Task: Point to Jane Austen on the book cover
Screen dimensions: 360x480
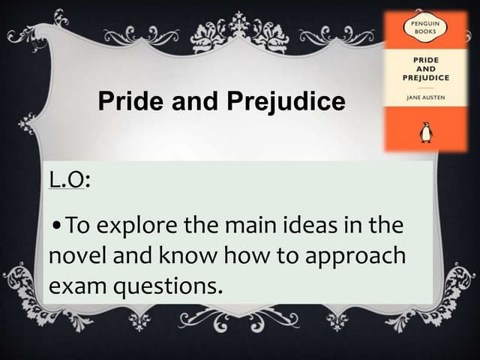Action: (425, 97)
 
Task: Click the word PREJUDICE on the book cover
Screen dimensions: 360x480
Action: (425, 77)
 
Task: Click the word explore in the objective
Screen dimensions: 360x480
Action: (136, 225)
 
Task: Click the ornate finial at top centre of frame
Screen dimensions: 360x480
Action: (239, 27)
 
